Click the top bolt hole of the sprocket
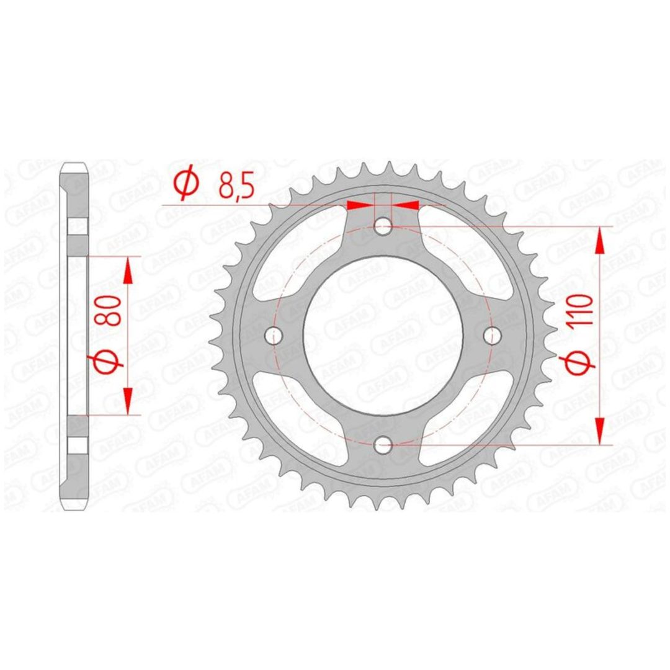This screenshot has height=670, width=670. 383,226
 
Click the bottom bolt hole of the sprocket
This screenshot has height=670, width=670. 383,445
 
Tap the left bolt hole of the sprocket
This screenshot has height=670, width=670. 274,336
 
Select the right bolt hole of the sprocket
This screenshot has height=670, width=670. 492,336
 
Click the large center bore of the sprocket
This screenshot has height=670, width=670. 383,336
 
